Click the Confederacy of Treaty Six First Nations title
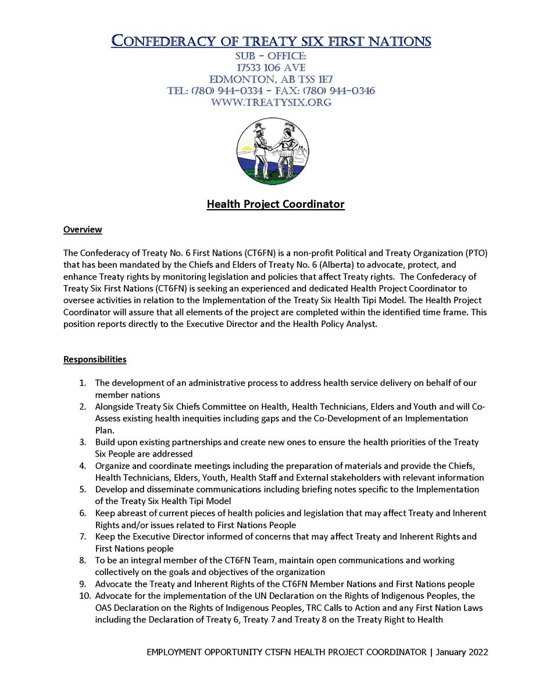click(271, 41)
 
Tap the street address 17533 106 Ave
click(270, 68)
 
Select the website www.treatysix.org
click(270, 102)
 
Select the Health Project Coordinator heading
click(276, 204)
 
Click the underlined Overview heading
click(83, 229)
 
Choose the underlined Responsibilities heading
click(95, 359)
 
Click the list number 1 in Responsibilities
click(83, 383)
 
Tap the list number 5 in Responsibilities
click(83, 489)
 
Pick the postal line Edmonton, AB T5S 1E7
click(270, 79)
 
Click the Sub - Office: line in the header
click(270, 56)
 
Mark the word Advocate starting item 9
click(112, 584)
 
